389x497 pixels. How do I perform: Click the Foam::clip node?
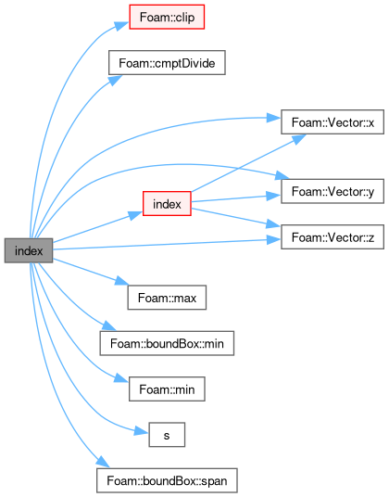coord(167,17)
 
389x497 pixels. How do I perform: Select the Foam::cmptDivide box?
coord(167,63)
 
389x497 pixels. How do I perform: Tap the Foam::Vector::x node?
coord(333,122)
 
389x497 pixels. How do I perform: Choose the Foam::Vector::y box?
coord(333,191)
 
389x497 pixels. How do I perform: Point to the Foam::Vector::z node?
coord(333,236)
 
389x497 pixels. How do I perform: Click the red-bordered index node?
coord(167,203)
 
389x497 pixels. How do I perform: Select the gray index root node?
coord(29,250)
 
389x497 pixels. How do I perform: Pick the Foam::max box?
coord(167,298)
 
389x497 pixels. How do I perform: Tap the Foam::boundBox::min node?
coord(167,343)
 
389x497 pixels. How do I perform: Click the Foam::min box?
coord(167,389)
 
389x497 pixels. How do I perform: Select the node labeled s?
coord(167,435)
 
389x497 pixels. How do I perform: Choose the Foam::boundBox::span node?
coord(167,480)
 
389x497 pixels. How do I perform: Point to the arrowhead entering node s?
coord(142,431)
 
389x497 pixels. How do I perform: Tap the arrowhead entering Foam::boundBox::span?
coord(103,461)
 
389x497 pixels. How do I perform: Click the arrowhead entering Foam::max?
coord(121,281)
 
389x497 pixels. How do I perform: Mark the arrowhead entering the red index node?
coord(135,215)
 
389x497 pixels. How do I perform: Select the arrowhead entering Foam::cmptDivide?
coord(115,80)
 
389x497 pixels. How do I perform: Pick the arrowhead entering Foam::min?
coord(121,377)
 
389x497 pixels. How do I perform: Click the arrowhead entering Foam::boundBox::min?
coord(109,325)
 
